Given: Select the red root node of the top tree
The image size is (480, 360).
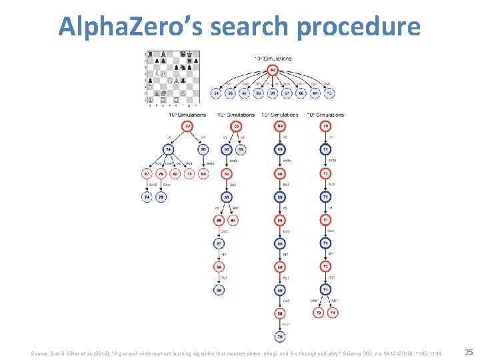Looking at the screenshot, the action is click(x=273, y=70).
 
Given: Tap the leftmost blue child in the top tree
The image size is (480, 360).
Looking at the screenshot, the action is click(x=216, y=94).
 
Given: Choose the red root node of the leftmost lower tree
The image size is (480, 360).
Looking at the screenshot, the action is click(x=188, y=126).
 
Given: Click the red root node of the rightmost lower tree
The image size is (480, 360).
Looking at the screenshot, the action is click(x=326, y=126).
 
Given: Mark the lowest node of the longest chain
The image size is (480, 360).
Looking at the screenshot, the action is click(x=281, y=336).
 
